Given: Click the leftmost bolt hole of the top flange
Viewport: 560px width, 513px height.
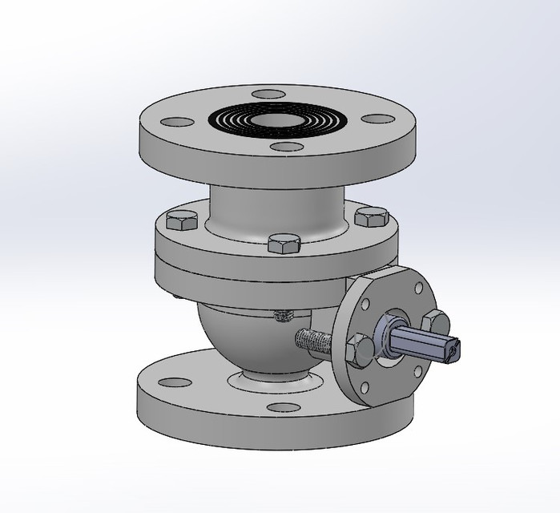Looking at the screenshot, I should [x=177, y=123].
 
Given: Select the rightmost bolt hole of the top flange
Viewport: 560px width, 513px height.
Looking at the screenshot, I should [x=377, y=119].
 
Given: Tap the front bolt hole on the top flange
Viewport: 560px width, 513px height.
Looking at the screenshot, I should [x=281, y=147].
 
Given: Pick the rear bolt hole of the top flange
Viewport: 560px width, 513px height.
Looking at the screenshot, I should [x=267, y=95].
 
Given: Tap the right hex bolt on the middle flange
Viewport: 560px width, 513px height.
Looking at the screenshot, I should [x=370, y=216].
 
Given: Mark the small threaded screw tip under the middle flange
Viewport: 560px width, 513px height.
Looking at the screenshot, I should [x=281, y=316].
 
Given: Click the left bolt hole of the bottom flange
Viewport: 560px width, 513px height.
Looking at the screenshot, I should [x=167, y=379].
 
